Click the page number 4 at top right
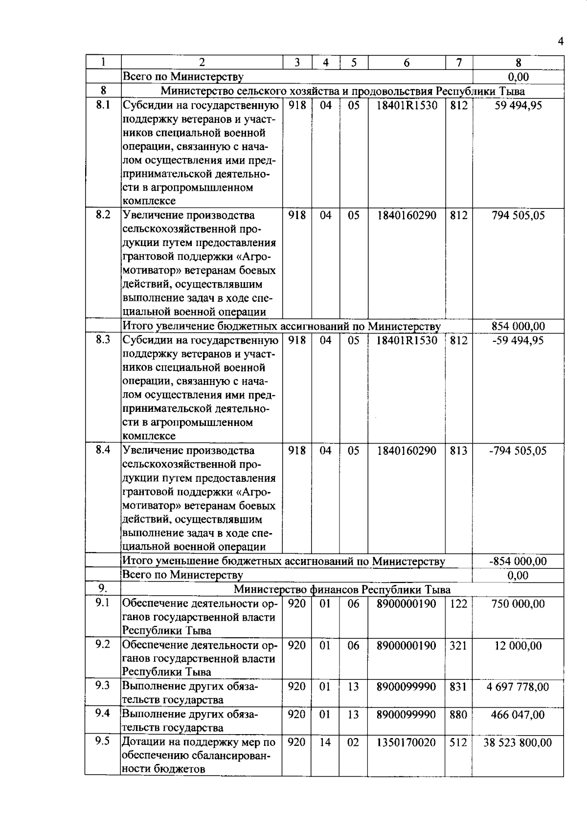(x=560, y=41)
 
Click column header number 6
(x=406, y=62)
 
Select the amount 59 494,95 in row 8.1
(x=518, y=105)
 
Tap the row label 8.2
(x=103, y=215)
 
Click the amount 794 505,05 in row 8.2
(x=518, y=216)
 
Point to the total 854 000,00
(x=518, y=326)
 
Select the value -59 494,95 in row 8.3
(x=518, y=340)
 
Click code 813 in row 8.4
(x=458, y=450)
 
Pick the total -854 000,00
(x=518, y=561)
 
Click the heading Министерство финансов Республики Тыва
(x=342, y=589)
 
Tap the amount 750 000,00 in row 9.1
(x=518, y=604)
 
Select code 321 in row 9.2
(x=458, y=646)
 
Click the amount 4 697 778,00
(x=518, y=687)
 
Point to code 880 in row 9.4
(x=458, y=715)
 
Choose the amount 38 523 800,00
(x=518, y=742)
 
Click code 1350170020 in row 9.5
(x=406, y=742)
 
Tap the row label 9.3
(x=103, y=685)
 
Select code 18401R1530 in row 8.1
(x=406, y=105)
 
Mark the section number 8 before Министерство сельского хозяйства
(x=103, y=90)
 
